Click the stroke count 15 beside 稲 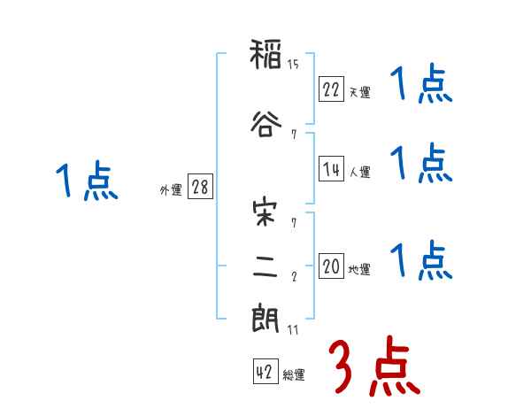[294, 65]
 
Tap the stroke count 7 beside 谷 [293, 135]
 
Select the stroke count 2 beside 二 [293, 275]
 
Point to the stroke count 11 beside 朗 [293, 330]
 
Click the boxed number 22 [332, 89]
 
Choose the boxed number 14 [332, 169]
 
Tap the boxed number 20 [332, 266]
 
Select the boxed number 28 [200, 187]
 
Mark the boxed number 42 [265, 373]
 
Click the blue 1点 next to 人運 [421, 164]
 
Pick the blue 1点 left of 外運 [86, 182]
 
